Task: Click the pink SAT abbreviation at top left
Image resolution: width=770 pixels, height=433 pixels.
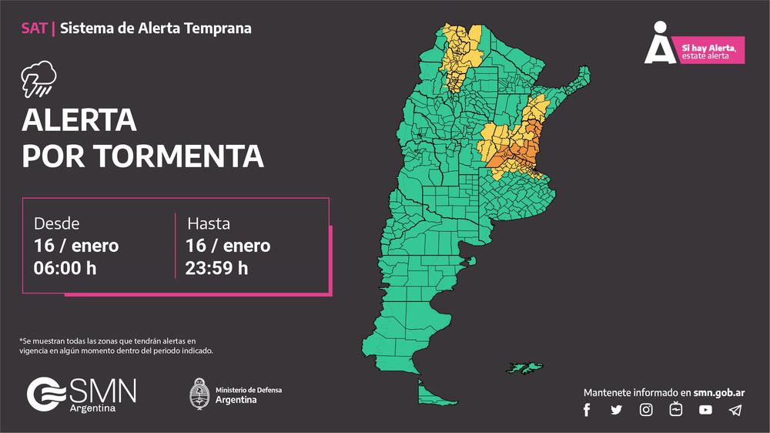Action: click(x=34, y=29)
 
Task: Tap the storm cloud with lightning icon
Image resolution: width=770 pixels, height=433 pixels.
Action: click(x=38, y=79)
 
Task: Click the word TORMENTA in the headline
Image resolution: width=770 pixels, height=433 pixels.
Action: click(x=180, y=156)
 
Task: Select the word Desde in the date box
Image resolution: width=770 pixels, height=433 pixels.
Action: click(x=56, y=223)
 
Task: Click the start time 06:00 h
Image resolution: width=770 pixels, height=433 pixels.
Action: click(x=65, y=268)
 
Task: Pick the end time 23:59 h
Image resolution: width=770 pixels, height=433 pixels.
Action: click(x=216, y=268)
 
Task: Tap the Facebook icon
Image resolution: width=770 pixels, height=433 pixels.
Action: click(x=587, y=410)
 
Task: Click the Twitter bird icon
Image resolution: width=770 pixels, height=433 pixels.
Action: click(x=616, y=410)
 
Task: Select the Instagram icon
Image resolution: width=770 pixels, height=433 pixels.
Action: click(x=646, y=410)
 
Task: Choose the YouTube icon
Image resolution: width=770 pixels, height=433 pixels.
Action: click(x=705, y=410)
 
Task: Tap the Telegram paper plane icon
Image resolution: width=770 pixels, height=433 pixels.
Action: click(x=735, y=410)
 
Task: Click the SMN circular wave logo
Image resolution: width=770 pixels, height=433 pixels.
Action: click(x=44, y=394)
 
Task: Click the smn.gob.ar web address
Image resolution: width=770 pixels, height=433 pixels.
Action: click(x=718, y=392)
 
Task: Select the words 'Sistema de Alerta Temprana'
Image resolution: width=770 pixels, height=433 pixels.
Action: click(x=156, y=29)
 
